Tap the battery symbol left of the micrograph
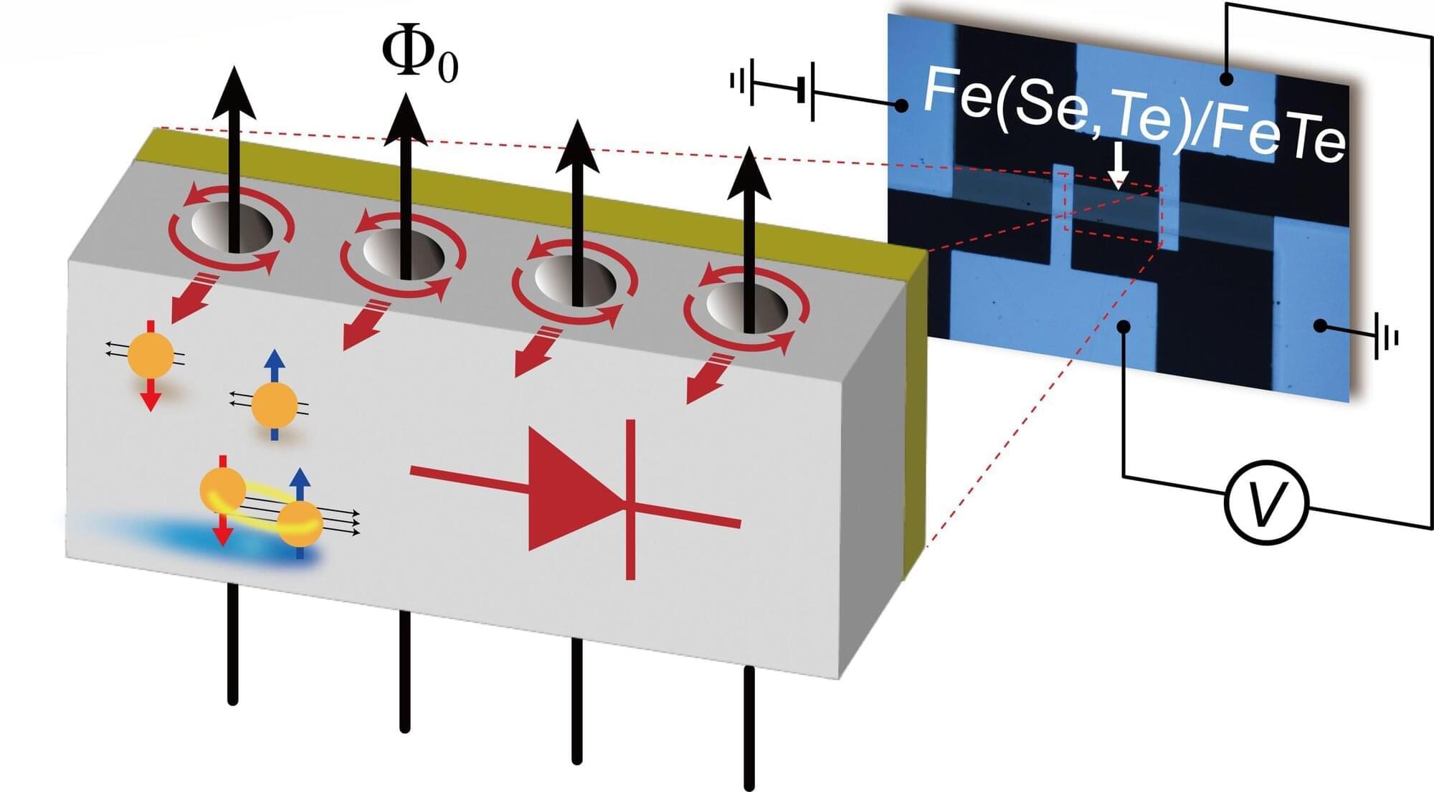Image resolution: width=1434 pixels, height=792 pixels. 807,91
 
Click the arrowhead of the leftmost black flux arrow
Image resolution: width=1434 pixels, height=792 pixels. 233,93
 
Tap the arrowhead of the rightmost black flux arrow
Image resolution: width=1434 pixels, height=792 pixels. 749,176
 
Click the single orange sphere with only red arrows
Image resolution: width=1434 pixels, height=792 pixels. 150,355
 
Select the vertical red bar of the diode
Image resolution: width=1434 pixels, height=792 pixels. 630,499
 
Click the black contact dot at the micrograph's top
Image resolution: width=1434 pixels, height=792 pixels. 1227,78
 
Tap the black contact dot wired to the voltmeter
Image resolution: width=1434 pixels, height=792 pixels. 1124,327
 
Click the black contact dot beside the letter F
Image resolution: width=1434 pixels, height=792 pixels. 901,106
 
